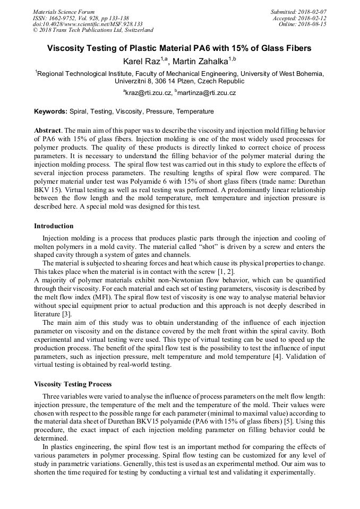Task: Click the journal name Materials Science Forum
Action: coord(64,12)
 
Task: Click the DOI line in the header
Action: coord(88,24)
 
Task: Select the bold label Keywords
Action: coord(50,112)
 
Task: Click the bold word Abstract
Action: coord(47,131)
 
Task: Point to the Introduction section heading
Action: coord(54,226)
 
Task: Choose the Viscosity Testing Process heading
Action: coord(73,384)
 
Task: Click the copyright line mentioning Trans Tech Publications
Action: coord(93,31)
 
